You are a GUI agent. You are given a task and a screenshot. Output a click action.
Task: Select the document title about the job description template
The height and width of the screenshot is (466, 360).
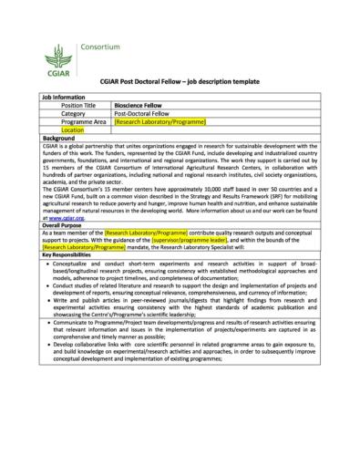point(179,82)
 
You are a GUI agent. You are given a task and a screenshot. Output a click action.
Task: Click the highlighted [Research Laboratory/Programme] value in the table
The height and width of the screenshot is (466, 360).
point(160,121)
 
